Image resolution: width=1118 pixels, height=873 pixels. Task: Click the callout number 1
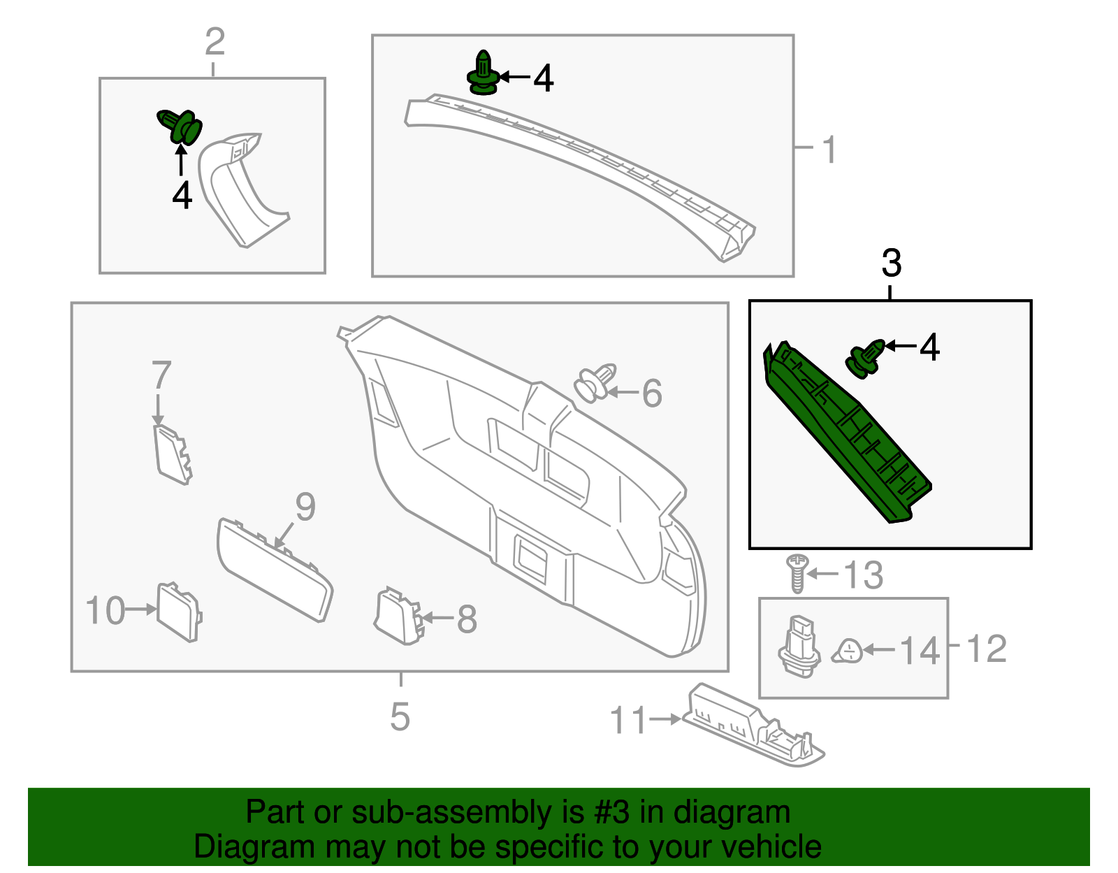tap(829, 150)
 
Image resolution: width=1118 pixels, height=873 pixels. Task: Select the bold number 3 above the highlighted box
tap(891, 264)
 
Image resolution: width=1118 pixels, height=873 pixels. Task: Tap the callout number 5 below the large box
tap(400, 716)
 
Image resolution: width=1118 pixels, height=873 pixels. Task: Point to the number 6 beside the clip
tap(651, 394)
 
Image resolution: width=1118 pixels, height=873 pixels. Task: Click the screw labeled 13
tap(797, 572)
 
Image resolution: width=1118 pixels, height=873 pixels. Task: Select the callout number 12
tap(986, 649)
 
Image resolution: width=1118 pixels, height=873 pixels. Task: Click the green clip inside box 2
tap(180, 126)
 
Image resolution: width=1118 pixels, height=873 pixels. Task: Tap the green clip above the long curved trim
tap(483, 73)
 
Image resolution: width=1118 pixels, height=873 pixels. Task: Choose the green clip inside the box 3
tap(865, 358)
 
